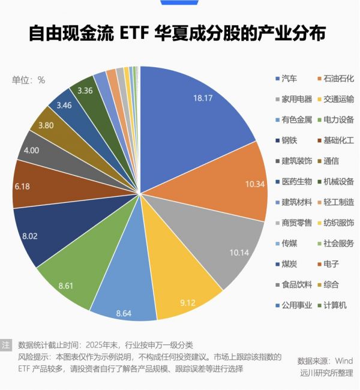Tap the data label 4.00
[31, 150]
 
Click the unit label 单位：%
[29, 80]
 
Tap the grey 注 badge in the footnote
[6, 345]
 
